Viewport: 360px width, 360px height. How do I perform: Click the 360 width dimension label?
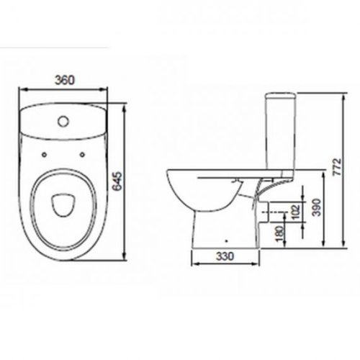pos(65,80)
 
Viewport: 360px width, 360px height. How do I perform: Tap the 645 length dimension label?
pos(118,181)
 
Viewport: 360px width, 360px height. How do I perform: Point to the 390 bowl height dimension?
pos(317,207)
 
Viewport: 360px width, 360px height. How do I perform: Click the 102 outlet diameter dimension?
pos(295,212)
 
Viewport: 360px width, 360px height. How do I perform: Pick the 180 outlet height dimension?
pos(280,233)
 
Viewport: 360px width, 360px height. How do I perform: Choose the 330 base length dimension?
pos(225,256)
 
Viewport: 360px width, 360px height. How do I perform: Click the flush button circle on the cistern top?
pos(63,121)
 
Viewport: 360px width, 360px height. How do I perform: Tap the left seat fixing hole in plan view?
pos(44,155)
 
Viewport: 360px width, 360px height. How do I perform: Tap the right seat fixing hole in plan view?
pos(82,155)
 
